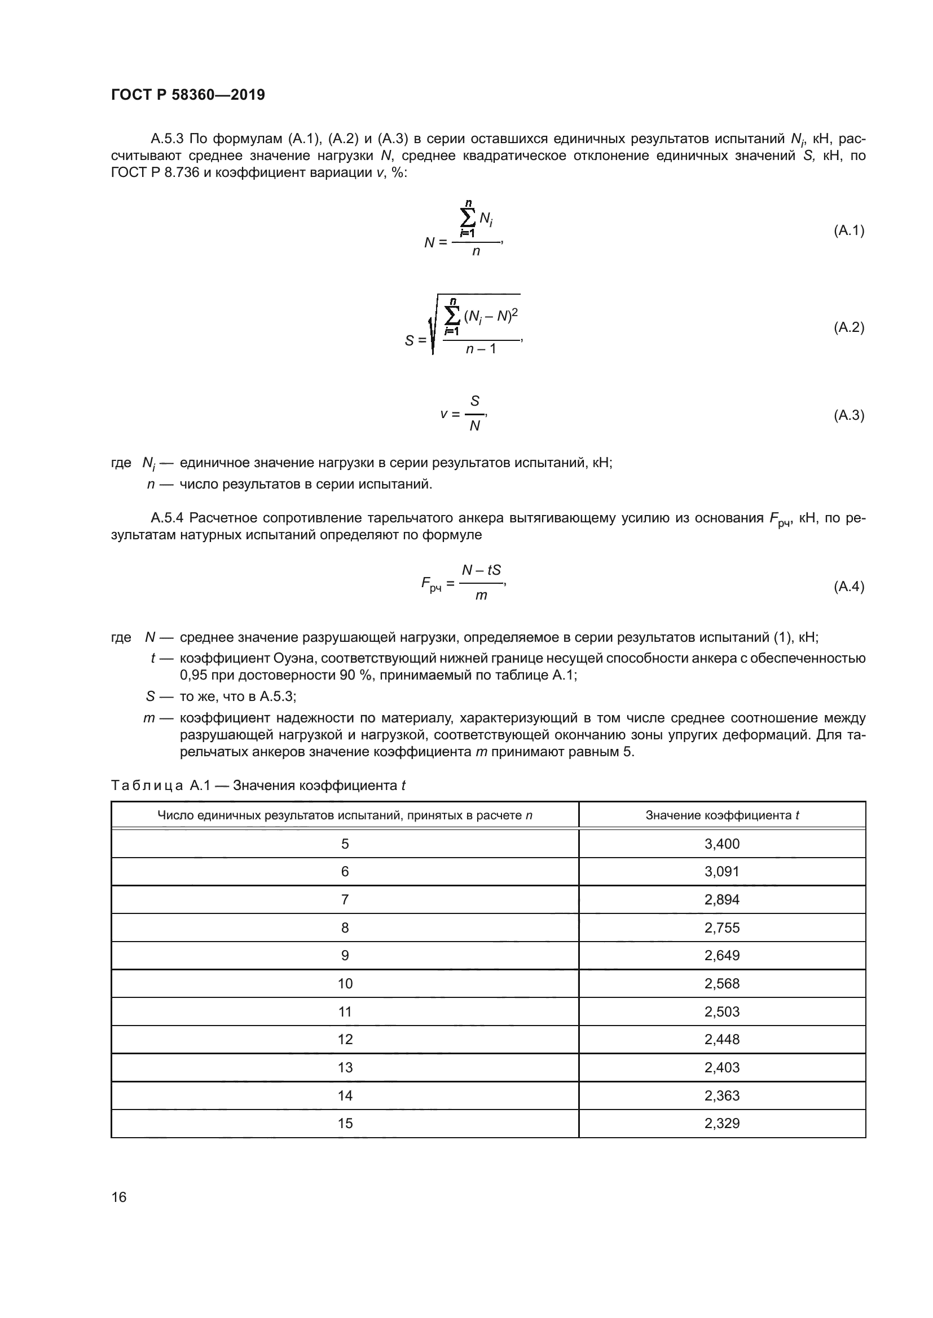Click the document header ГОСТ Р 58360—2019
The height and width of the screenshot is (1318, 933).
pyautogui.click(x=188, y=95)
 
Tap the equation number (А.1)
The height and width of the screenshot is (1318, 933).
pyautogui.click(x=848, y=231)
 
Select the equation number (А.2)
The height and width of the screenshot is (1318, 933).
pyautogui.click(x=848, y=327)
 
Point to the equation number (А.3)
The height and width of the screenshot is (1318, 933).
pyautogui.click(x=848, y=415)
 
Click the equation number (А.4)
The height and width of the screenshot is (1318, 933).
pyautogui.click(x=848, y=586)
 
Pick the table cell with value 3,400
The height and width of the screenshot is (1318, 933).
pyautogui.click(x=721, y=844)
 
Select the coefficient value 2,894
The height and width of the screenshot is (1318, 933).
pyautogui.click(x=721, y=899)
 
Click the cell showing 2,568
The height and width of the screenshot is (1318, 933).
pyautogui.click(x=721, y=983)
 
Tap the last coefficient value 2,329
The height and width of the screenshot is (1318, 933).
pyautogui.click(x=721, y=1124)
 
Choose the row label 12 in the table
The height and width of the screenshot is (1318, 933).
pyautogui.click(x=345, y=1039)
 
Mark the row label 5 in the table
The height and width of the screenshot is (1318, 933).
pyautogui.click(x=345, y=844)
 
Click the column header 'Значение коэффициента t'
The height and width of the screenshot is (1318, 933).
pyautogui.click(x=722, y=815)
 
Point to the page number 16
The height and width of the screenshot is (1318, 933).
pyautogui.click(x=119, y=1197)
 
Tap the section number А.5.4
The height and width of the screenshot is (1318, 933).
pyautogui.click(x=166, y=518)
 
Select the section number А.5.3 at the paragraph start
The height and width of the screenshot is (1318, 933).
pyautogui.click(x=166, y=139)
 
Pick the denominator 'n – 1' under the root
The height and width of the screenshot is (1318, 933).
pyautogui.click(x=481, y=348)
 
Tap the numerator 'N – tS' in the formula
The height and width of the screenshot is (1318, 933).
pyautogui.click(x=481, y=570)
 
